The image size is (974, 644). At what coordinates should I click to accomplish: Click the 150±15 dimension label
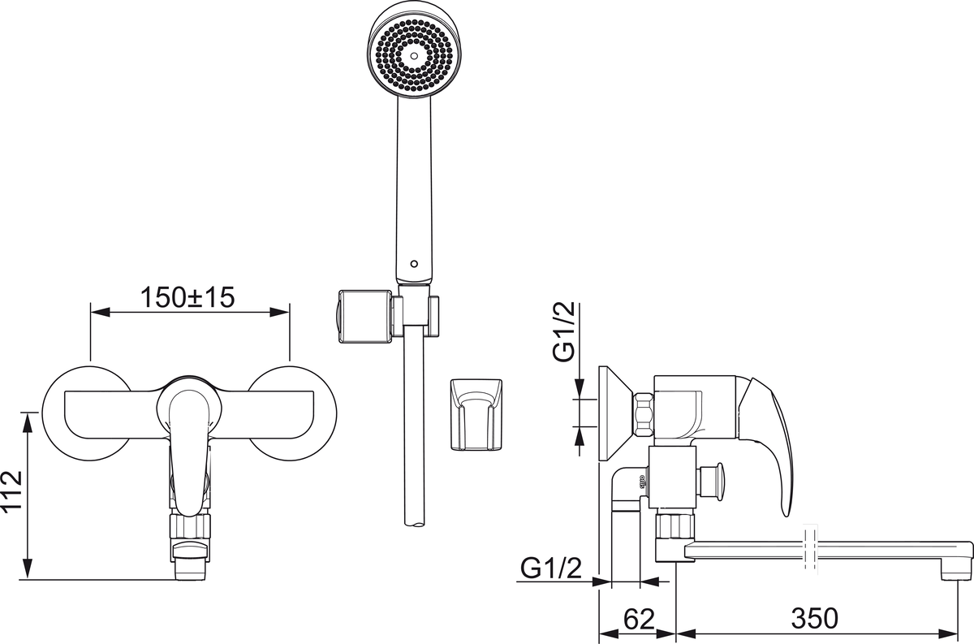187,297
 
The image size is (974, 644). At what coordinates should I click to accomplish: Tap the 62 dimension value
639,619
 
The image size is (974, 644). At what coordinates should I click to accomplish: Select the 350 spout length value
814,619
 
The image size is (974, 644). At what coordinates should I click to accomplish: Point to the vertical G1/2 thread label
565,331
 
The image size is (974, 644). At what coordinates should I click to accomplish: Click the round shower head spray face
412,54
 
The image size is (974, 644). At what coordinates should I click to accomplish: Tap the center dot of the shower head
412,56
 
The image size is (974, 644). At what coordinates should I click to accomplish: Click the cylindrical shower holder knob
359,315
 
